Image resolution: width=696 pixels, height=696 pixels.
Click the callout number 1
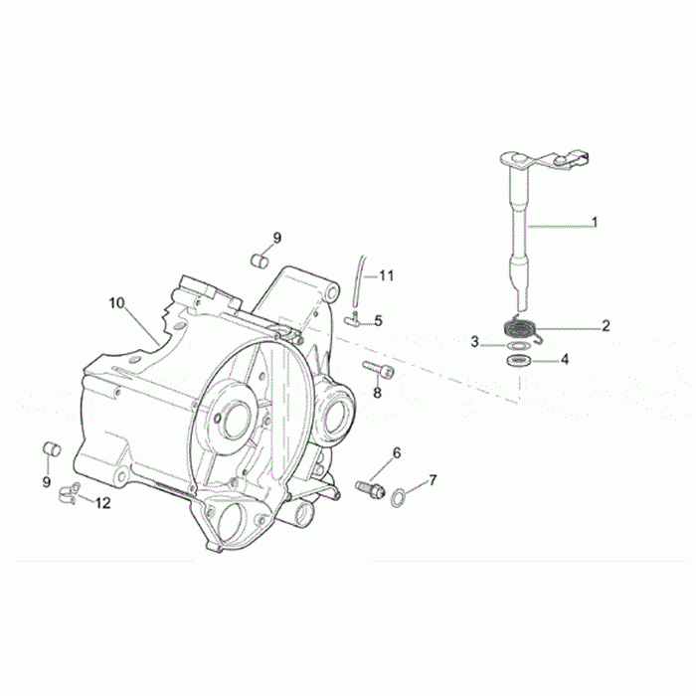595,222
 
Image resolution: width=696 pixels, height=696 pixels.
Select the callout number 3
474,342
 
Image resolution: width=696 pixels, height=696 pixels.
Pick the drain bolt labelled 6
370,489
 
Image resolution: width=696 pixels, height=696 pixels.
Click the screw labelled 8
378,369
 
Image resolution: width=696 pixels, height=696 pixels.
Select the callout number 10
117,303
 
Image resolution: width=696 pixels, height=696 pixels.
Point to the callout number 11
387,275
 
